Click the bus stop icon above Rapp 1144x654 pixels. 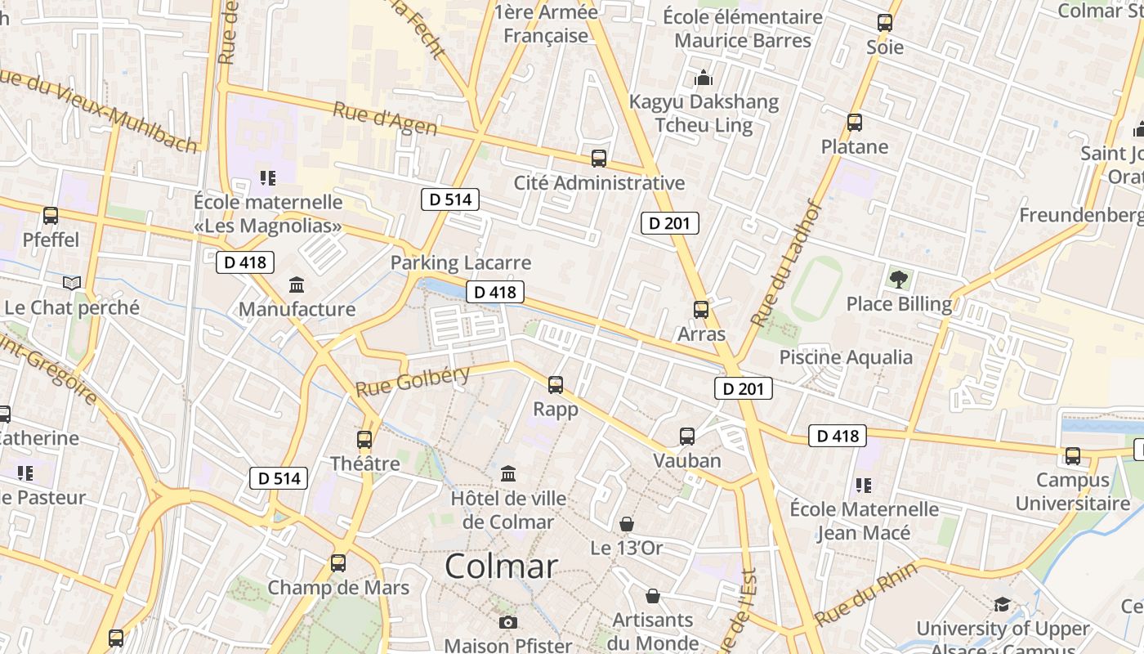coord(556,384)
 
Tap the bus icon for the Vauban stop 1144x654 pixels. coord(687,437)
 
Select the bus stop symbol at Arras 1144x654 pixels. coord(701,310)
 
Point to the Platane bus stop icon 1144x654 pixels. coord(855,123)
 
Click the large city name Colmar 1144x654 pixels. coord(502,567)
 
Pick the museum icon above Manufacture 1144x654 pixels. coord(297,285)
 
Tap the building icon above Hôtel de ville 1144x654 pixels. coord(508,473)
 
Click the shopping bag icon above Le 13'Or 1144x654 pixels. coord(627,524)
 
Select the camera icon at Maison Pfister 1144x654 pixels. coord(508,623)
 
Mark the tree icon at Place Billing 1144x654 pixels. coord(899,280)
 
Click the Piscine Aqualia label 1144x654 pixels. coord(846,357)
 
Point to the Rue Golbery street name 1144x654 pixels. coord(413,380)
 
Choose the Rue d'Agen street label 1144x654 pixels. coord(385,119)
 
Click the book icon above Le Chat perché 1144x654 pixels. coord(72,283)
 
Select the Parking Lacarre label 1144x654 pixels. coord(461,263)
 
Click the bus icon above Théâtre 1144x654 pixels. coord(364,440)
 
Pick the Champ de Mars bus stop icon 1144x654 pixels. coord(338,563)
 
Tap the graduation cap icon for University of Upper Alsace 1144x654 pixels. coord(1002,605)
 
